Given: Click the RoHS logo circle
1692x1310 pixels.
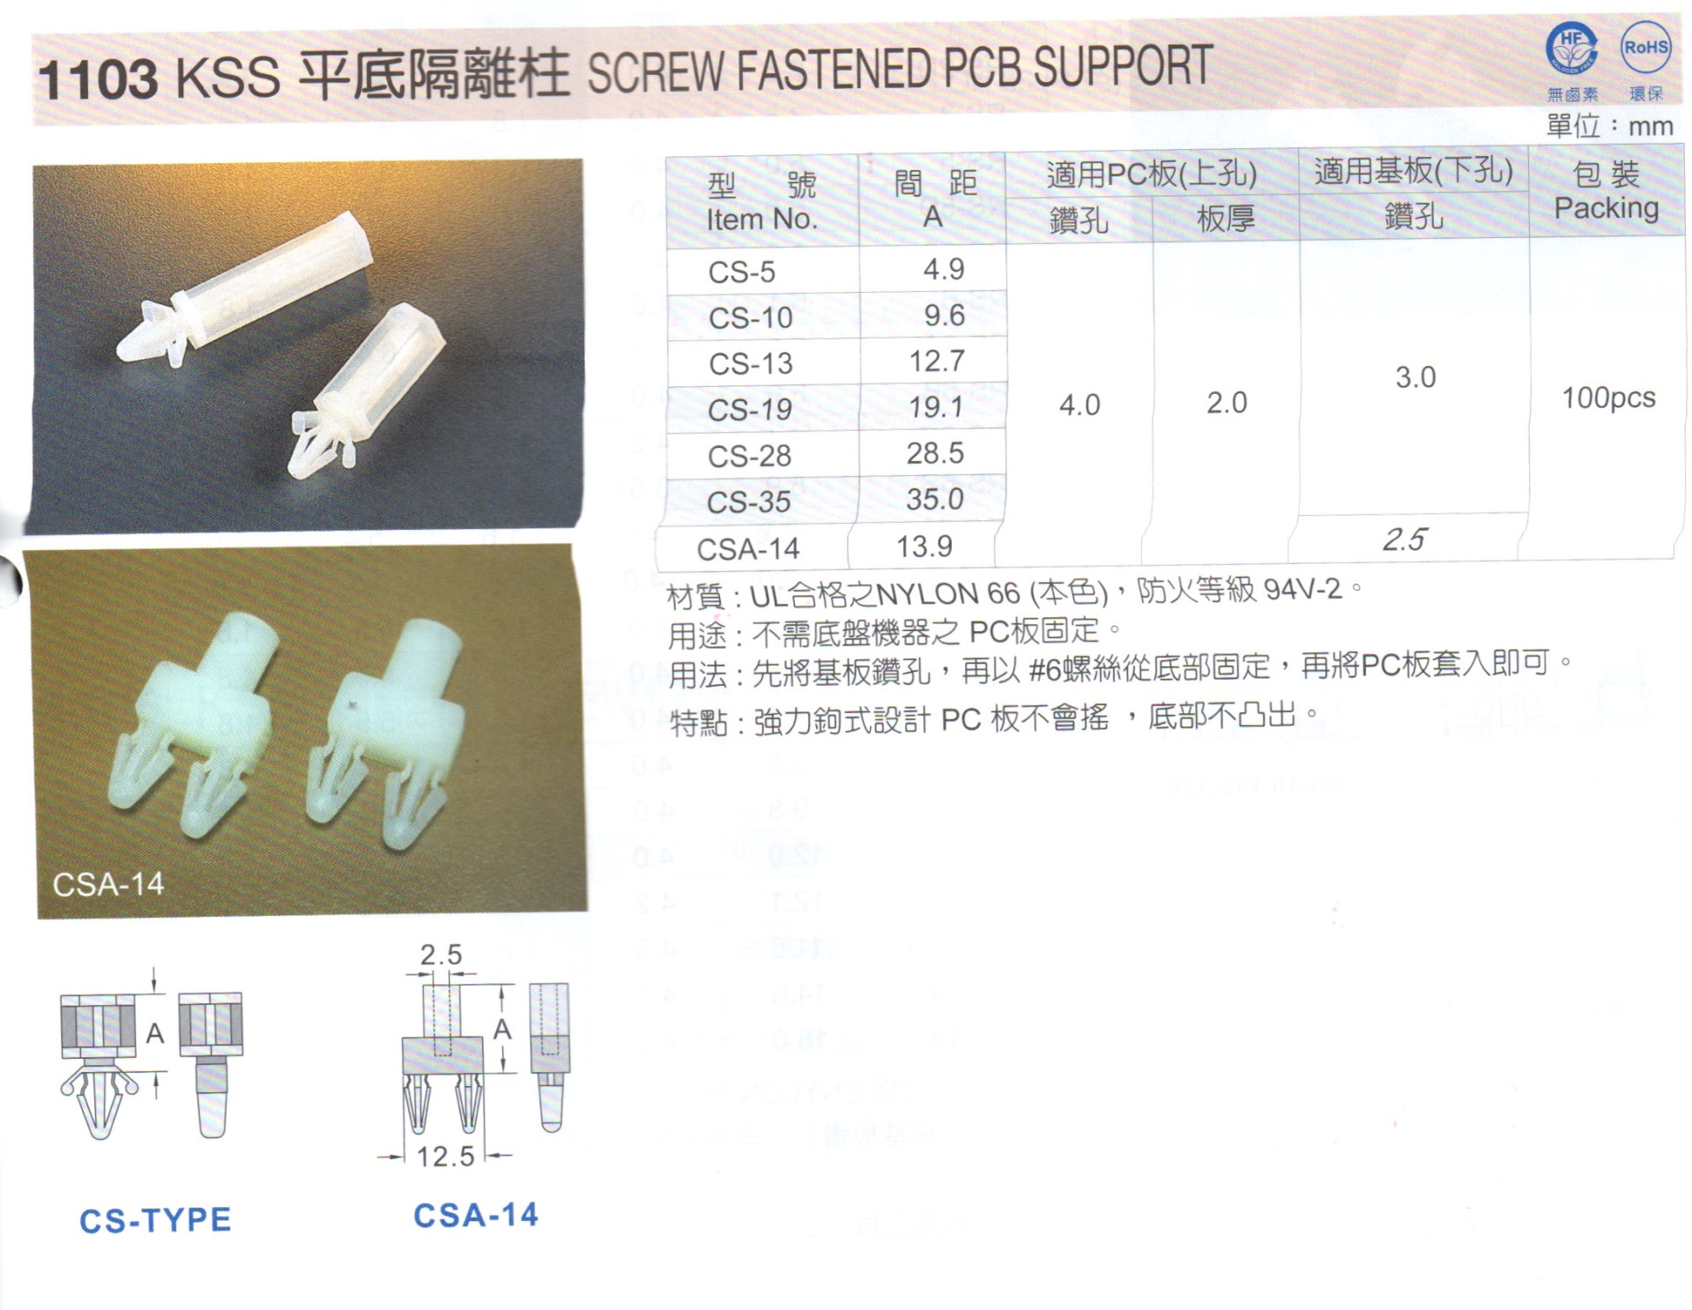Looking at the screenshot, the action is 1645,48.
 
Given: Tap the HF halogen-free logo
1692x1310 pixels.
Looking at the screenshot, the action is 1571,48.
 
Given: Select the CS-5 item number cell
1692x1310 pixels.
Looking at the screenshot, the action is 741,272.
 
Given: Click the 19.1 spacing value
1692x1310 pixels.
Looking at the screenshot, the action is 936,407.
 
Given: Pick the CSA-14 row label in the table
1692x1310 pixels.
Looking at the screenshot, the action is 747,549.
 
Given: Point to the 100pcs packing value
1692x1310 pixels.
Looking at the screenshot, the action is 1608,398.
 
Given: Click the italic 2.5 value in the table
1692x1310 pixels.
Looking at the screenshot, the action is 1405,540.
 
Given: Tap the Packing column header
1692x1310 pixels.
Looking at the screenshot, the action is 1606,208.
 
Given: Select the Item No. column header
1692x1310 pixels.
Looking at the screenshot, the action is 761,219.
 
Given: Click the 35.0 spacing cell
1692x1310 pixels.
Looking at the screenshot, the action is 935,499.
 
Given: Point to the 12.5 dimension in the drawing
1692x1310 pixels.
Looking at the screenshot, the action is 445,1156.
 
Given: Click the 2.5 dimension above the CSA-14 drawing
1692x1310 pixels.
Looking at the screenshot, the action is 441,955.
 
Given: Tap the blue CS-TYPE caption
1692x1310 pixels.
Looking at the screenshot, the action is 155,1220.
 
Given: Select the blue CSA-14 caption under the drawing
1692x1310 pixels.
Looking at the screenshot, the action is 476,1216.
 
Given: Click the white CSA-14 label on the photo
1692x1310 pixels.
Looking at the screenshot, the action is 108,884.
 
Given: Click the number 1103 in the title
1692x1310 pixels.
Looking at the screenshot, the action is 98,79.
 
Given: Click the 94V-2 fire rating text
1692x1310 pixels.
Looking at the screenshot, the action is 1302,589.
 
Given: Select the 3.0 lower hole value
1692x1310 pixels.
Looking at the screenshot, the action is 1415,377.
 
